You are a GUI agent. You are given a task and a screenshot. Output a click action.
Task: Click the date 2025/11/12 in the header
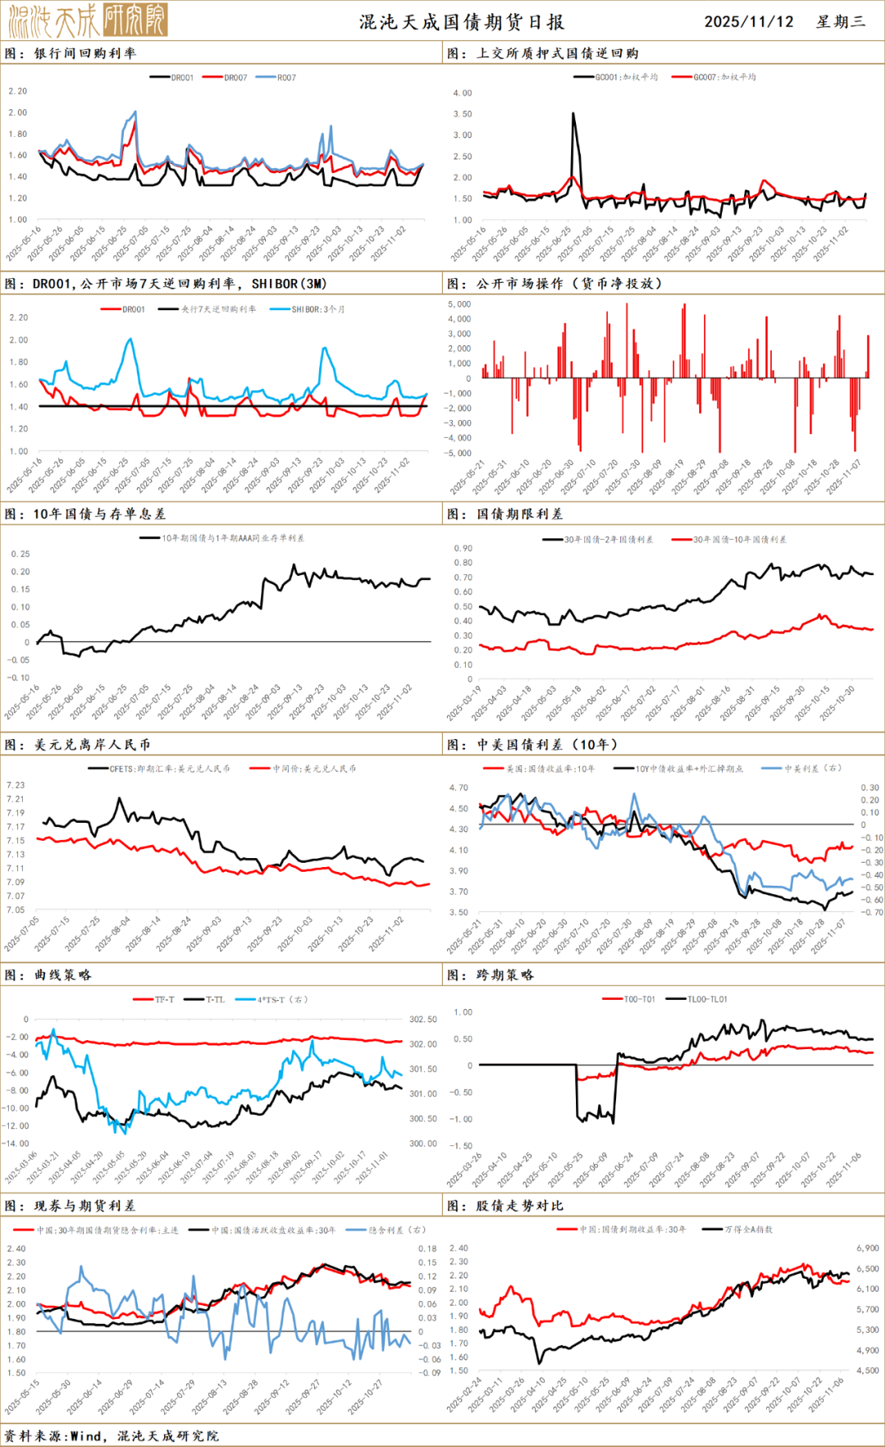pyautogui.click(x=748, y=21)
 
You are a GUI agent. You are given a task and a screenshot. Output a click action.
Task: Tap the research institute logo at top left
pyautogui.click(x=88, y=20)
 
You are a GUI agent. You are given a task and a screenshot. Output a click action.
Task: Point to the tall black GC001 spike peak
pyautogui.click(x=573, y=114)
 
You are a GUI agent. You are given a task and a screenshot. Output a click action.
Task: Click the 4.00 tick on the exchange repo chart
pyautogui.click(x=463, y=93)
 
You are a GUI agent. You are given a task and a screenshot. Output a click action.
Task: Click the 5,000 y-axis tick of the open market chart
pyautogui.click(x=459, y=304)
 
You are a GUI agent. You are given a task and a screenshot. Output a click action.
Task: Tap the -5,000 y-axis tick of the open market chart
pyautogui.click(x=458, y=453)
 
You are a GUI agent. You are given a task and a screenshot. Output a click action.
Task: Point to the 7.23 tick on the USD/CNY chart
pyautogui.click(x=16, y=785)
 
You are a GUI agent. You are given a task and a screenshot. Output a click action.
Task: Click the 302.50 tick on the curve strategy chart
pyautogui.click(x=423, y=1019)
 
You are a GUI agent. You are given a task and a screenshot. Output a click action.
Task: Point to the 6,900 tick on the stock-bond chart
pyautogui.click(x=867, y=1248)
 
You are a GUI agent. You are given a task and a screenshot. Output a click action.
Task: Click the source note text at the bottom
pyautogui.click(x=112, y=1436)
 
